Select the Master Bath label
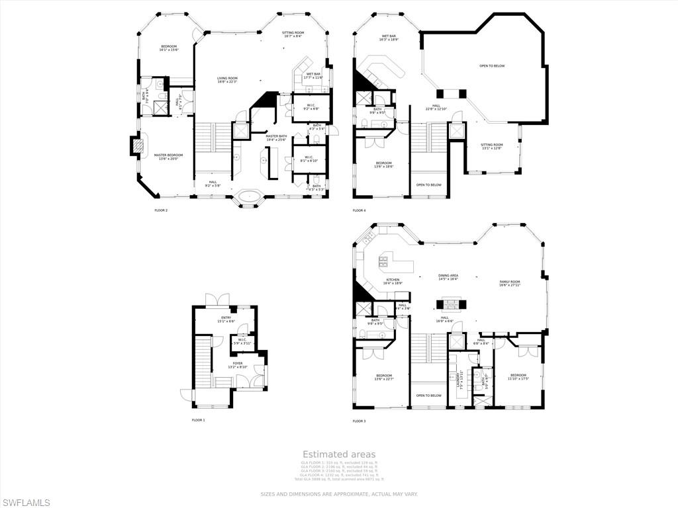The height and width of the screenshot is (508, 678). [276, 138]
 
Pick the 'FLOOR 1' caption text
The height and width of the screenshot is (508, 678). [199, 420]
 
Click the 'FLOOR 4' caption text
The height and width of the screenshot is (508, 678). [359, 210]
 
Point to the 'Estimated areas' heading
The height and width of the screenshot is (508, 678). [339, 454]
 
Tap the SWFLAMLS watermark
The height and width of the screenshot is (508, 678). [25, 503]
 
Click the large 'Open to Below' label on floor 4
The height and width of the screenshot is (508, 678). [492, 65]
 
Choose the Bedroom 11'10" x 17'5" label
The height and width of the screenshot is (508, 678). [518, 376]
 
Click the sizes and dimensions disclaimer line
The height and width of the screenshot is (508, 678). [339, 493]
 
